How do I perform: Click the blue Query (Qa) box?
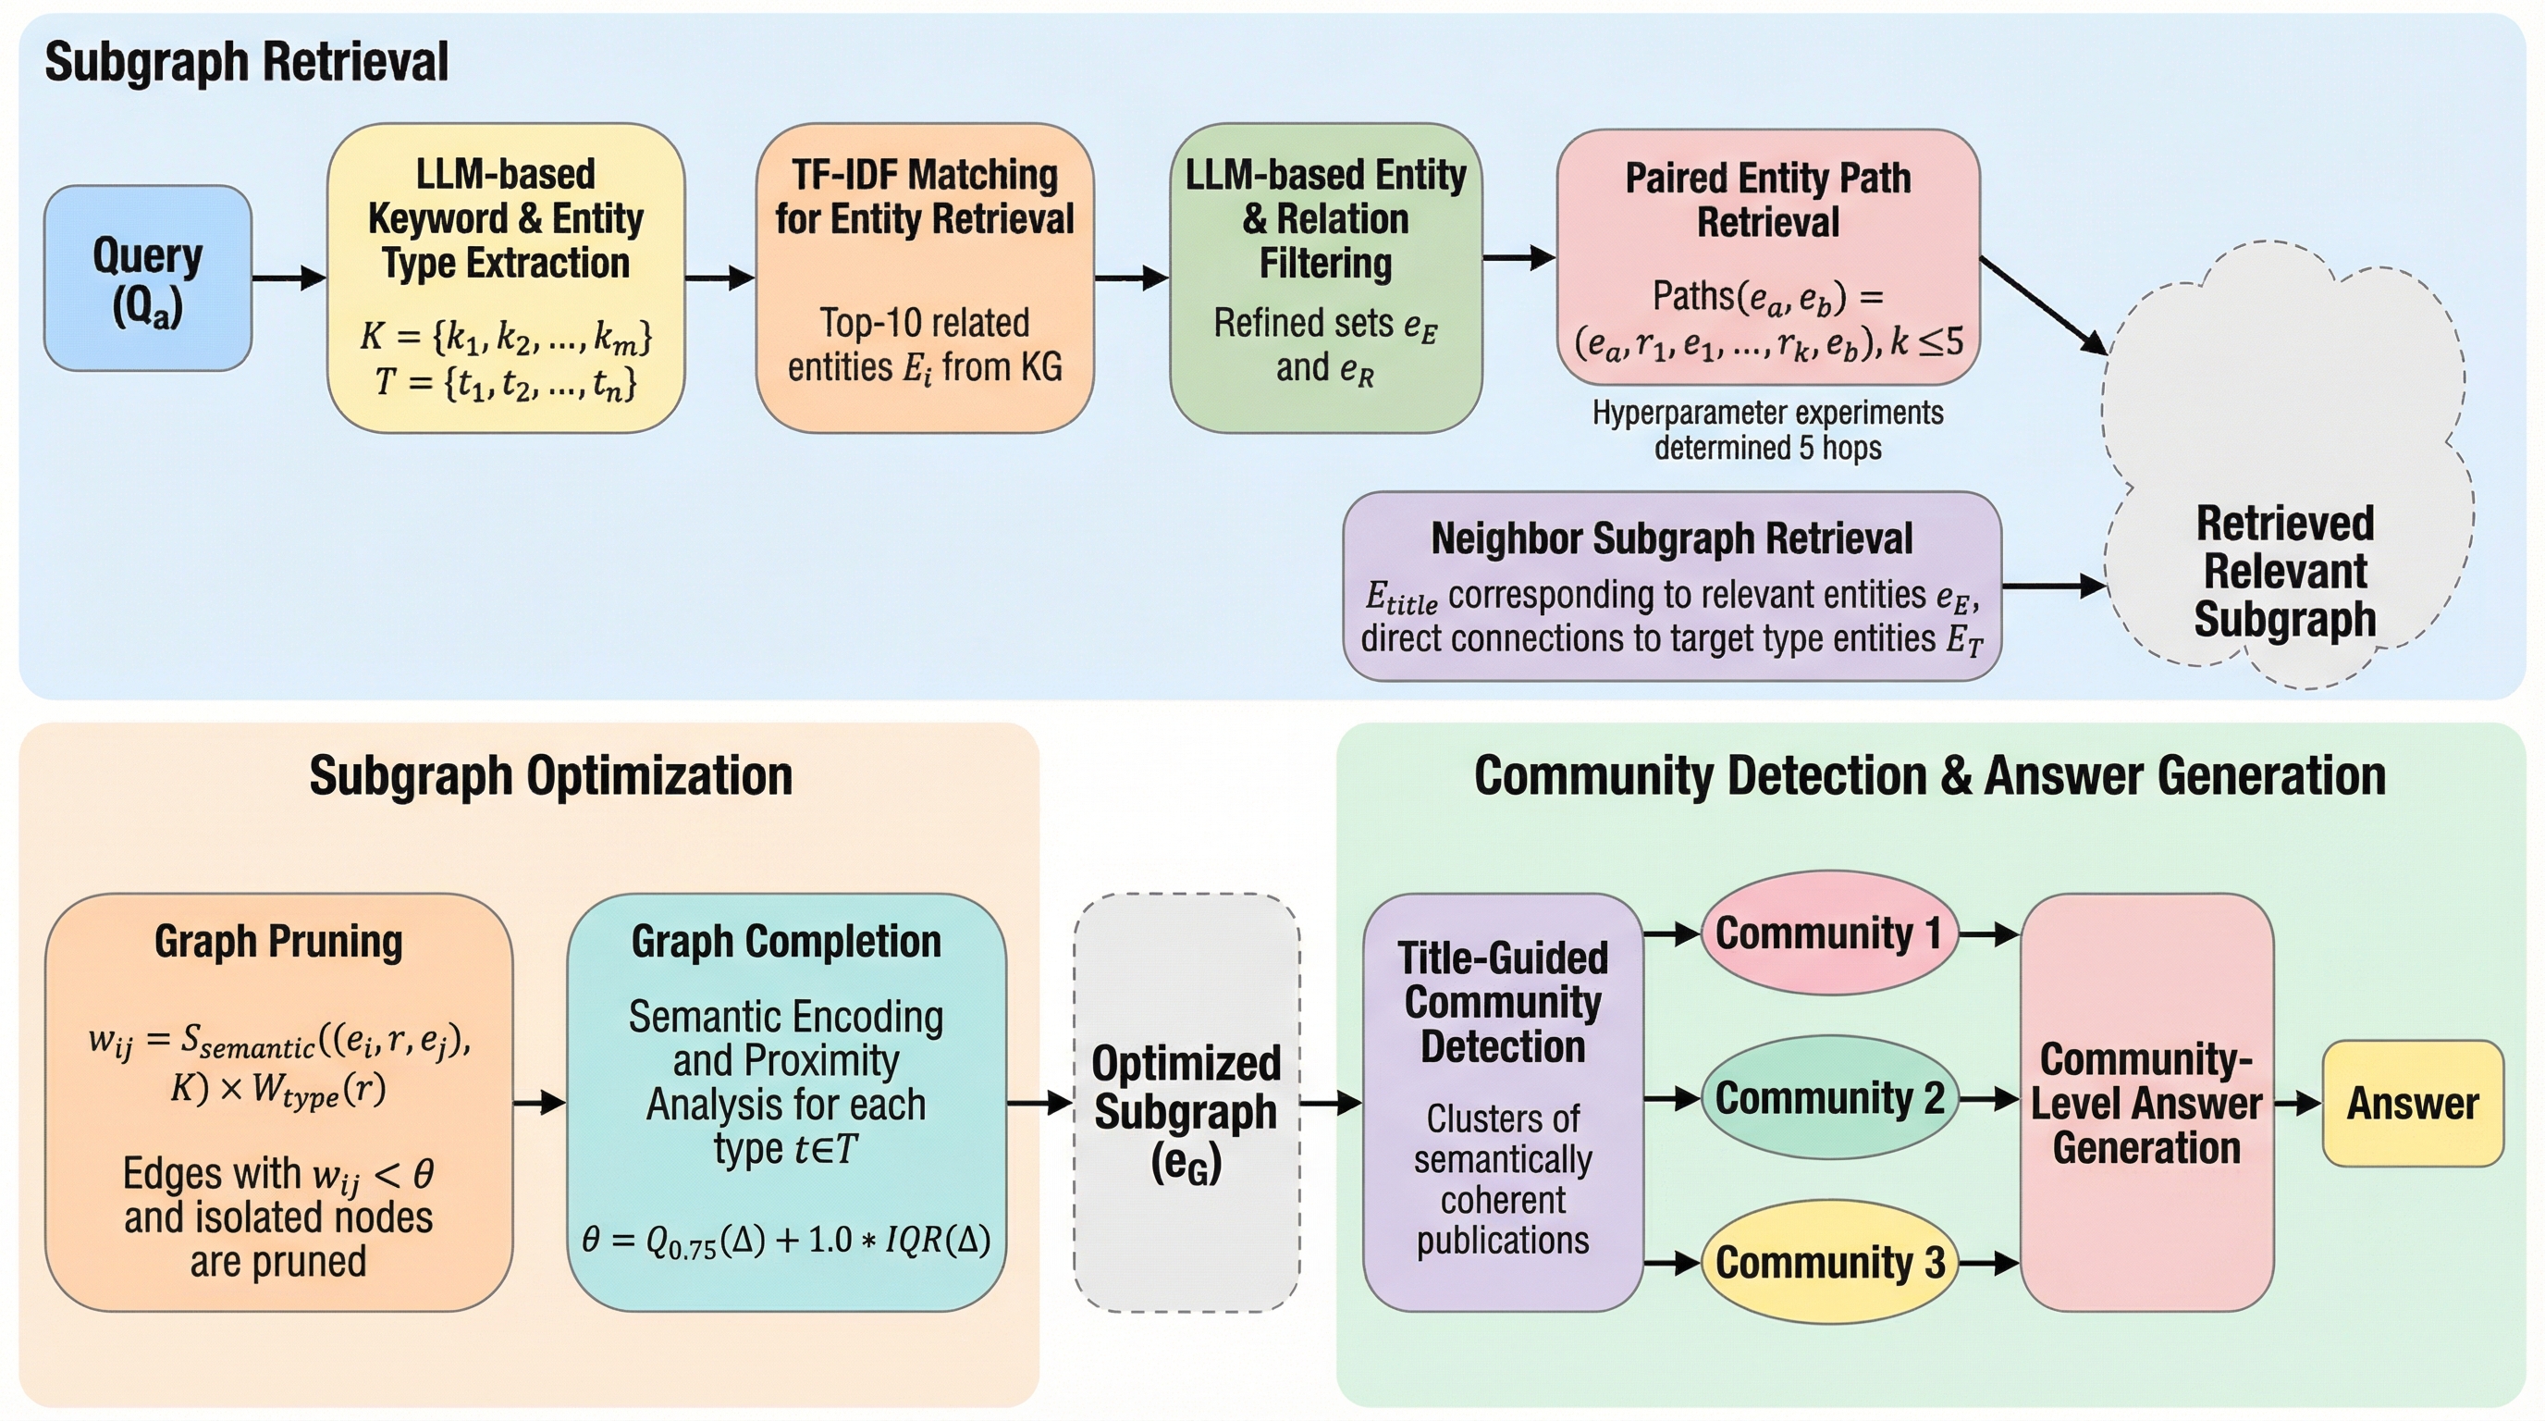(x=147, y=278)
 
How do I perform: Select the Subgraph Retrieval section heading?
(x=246, y=62)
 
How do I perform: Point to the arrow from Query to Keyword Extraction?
(x=289, y=278)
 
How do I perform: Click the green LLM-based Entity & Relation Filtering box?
(x=1325, y=278)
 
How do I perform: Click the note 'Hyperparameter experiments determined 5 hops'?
(x=1767, y=430)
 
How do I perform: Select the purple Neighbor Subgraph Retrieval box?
(x=1672, y=586)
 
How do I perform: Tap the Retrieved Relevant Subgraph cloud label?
(x=2285, y=571)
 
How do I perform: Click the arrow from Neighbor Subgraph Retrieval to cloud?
(x=2053, y=586)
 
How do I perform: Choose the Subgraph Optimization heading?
(x=550, y=775)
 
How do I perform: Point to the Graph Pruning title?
(x=278, y=941)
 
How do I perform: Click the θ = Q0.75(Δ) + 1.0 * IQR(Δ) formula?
(x=785, y=1241)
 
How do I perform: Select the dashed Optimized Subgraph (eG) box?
(x=1186, y=1103)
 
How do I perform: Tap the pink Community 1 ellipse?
(x=1828, y=933)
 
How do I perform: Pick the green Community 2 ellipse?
(x=1828, y=1098)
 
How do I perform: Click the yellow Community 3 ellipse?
(x=1828, y=1262)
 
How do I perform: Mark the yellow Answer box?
(x=2413, y=1103)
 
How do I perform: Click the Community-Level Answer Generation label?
(x=2145, y=1103)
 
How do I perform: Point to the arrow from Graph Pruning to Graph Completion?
(x=539, y=1102)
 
